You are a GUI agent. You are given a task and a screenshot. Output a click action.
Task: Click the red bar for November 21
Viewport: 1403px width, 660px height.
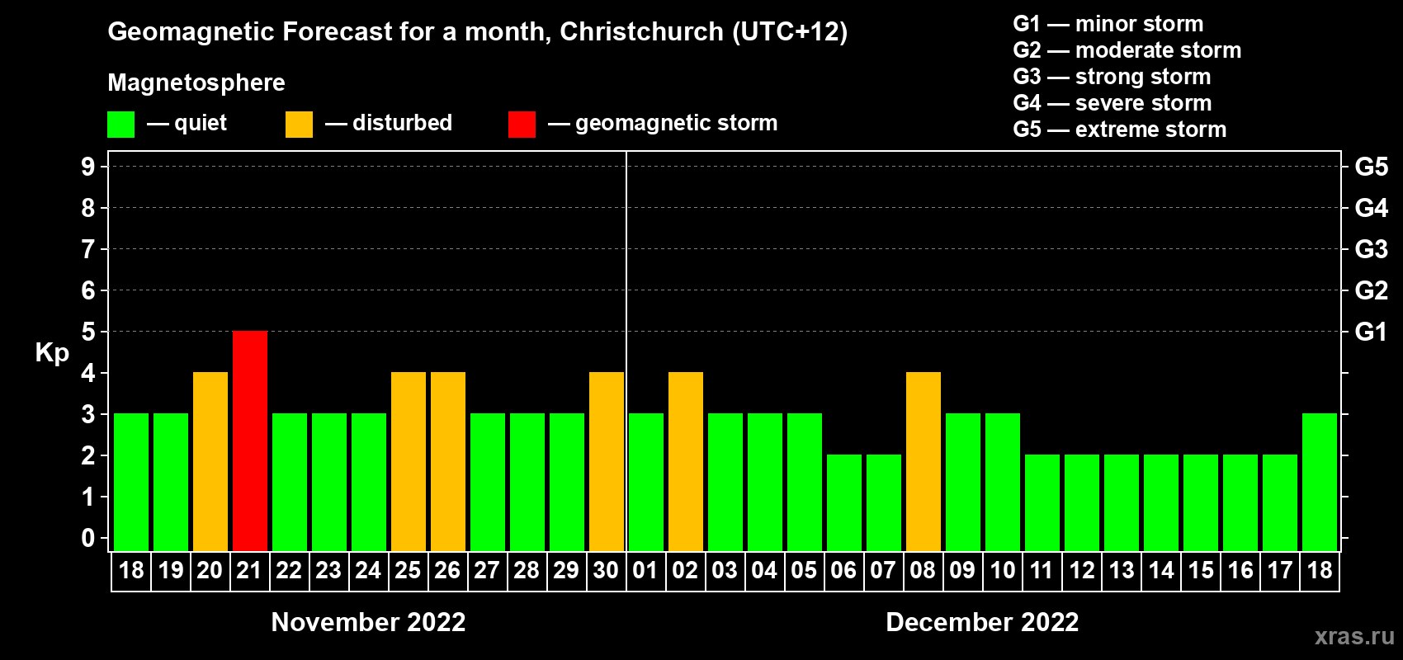click(x=250, y=441)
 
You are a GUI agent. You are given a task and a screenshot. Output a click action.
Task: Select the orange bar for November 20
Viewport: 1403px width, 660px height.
click(x=210, y=461)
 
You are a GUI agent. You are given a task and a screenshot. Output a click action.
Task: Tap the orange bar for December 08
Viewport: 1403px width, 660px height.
click(x=924, y=461)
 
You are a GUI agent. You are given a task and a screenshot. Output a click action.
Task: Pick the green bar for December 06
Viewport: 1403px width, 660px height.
click(x=844, y=502)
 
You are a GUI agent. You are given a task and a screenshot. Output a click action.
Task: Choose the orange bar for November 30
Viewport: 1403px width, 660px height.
click(x=607, y=461)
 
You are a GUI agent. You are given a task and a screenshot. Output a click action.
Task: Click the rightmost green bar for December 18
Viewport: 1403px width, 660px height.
click(x=1320, y=482)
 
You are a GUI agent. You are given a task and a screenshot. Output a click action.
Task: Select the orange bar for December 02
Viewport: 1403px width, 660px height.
click(x=686, y=461)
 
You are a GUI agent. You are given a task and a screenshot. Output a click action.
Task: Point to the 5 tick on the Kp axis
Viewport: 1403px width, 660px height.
click(x=88, y=332)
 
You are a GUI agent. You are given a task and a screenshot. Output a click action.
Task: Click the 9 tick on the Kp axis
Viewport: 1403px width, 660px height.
click(x=88, y=167)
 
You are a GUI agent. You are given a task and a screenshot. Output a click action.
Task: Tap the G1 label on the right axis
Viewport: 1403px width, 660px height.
click(x=1371, y=332)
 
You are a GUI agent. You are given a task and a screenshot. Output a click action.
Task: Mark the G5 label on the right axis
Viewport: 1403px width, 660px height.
click(x=1371, y=167)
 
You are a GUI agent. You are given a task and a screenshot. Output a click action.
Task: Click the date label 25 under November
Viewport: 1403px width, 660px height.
click(x=408, y=570)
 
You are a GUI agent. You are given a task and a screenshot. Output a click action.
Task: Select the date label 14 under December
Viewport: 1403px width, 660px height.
click(x=1161, y=570)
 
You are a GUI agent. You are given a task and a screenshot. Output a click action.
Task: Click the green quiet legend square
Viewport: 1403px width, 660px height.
click(x=120, y=125)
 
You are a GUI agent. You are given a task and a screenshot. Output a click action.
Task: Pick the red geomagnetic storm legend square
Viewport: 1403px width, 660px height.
click(x=522, y=125)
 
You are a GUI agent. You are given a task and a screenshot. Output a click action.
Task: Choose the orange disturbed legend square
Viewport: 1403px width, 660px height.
click(x=299, y=125)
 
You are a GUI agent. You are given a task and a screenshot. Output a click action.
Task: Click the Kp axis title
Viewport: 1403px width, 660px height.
click(x=52, y=352)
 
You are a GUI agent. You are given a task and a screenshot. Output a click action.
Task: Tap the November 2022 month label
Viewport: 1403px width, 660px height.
click(x=368, y=622)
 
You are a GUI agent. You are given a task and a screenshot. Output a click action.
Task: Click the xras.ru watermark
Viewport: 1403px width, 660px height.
click(x=1354, y=635)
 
